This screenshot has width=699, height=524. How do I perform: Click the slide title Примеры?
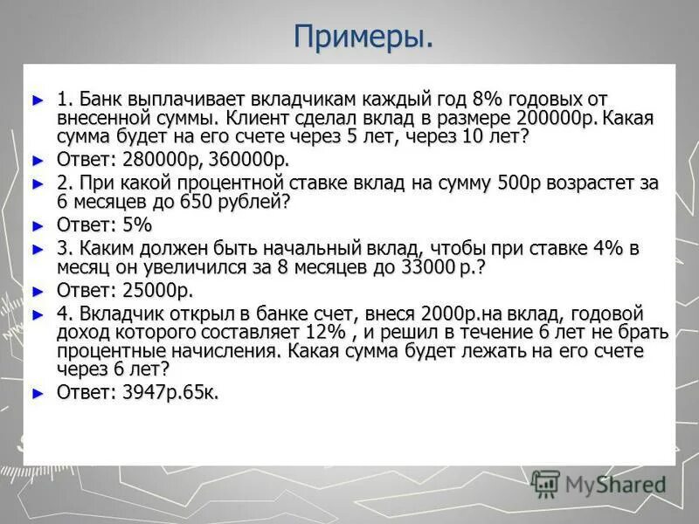pyautogui.click(x=363, y=38)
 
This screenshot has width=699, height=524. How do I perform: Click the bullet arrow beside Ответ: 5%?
pyautogui.click(x=37, y=225)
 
